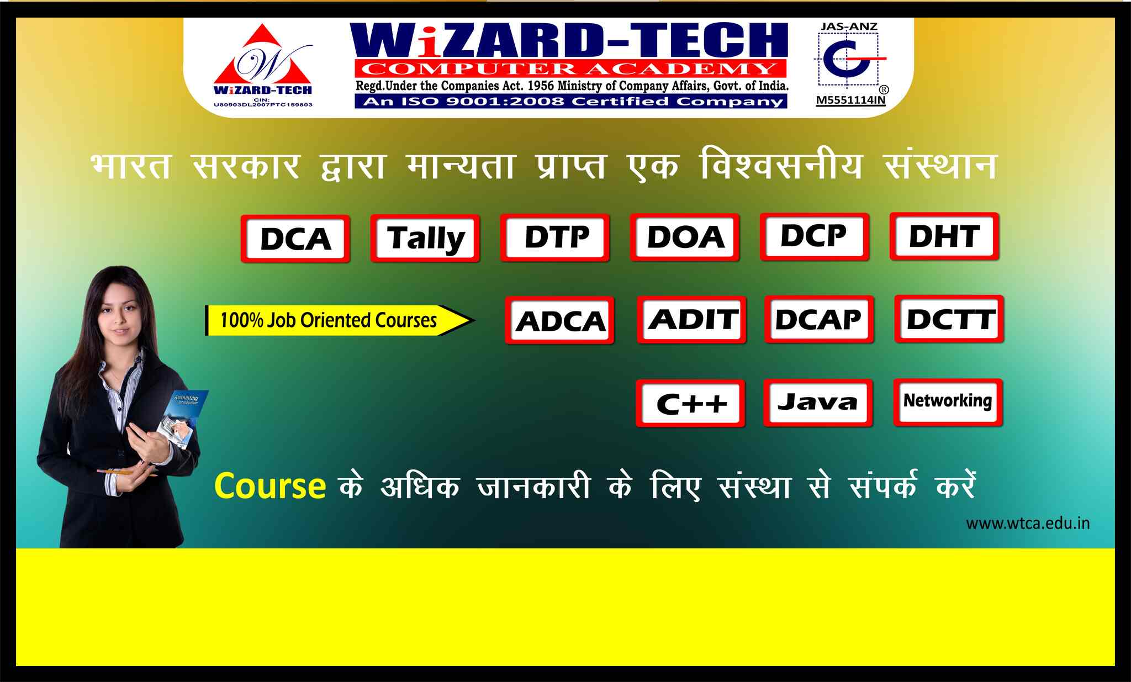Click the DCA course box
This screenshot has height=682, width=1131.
(295, 239)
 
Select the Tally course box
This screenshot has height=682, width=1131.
(425, 238)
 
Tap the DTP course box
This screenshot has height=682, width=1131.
(555, 237)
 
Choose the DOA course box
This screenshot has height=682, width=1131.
(685, 237)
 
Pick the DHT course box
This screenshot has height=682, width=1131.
(945, 236)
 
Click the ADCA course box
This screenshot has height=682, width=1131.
(559, 320)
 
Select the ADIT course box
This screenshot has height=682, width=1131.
(691, 320)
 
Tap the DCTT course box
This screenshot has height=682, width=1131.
(949, 319)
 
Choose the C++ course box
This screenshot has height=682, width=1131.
(690, 403)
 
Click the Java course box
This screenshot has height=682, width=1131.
(818, 403)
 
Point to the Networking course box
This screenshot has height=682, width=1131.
(948, 402)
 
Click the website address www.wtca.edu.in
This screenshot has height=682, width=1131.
(1028, 523)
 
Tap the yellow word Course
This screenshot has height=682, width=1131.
(269, 486)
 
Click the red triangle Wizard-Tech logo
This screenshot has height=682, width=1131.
(263, 65)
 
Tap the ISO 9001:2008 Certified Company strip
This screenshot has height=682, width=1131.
(571, 102)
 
